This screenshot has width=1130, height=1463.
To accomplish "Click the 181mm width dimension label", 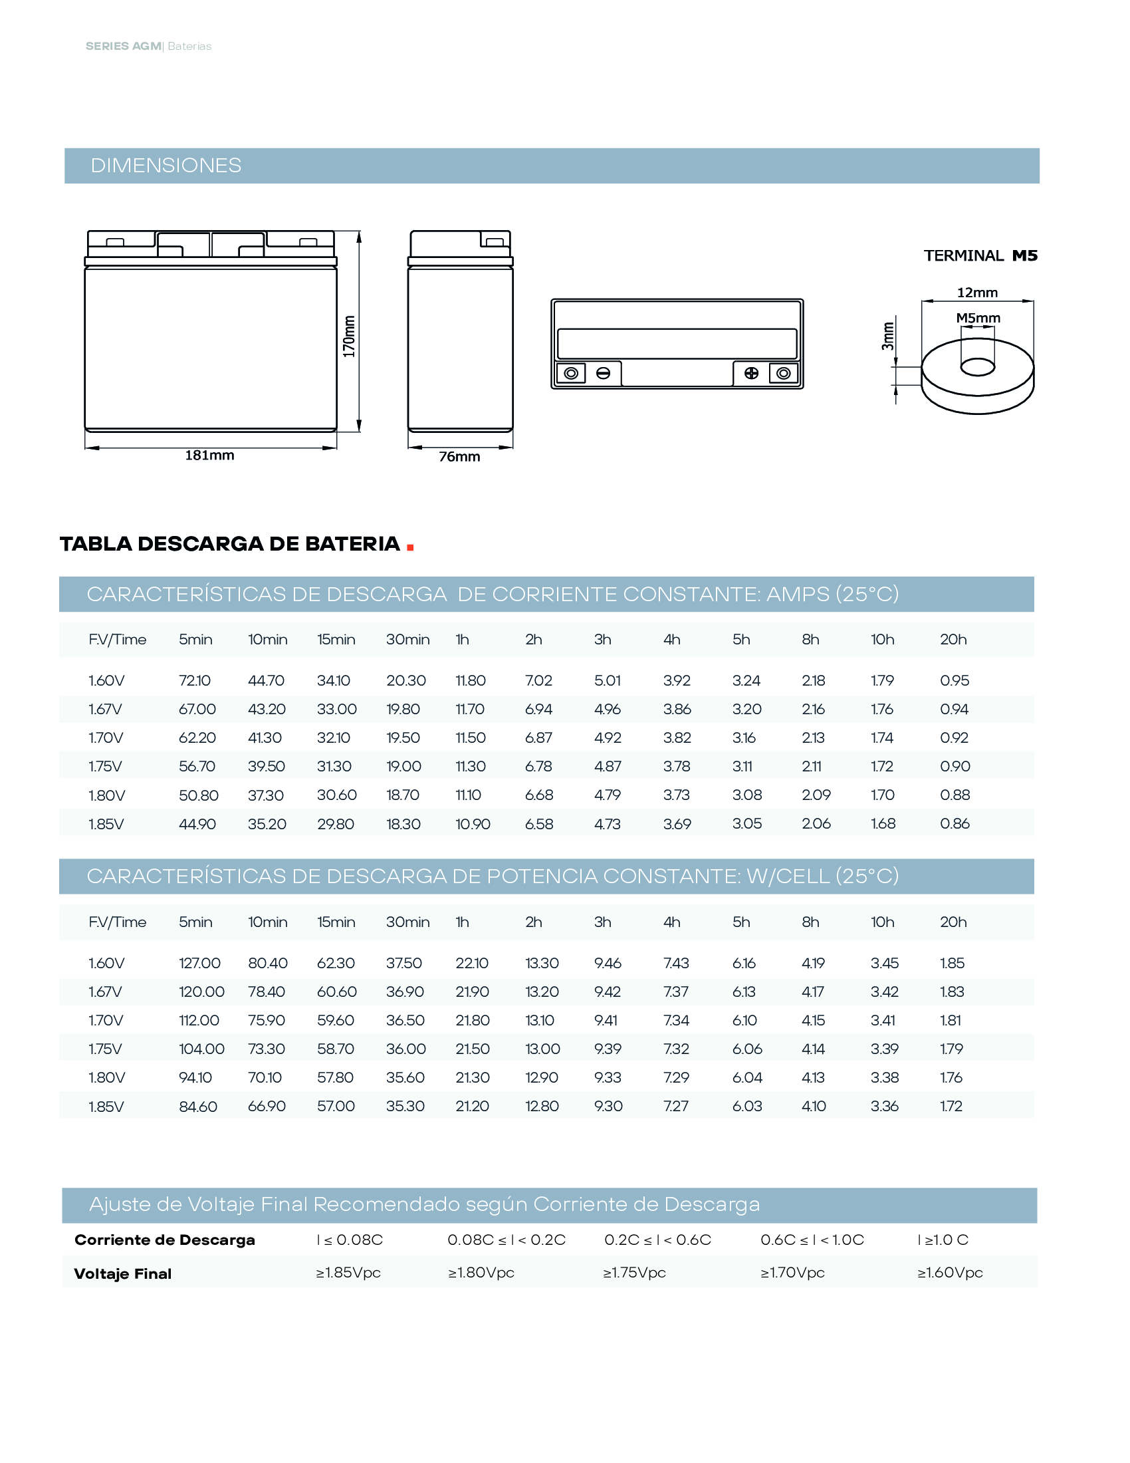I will point(209,456).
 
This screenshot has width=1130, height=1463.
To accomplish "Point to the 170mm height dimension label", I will point(349,336).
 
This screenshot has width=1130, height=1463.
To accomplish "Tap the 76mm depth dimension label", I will point(459,457).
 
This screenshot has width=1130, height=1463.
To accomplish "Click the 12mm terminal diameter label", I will point(976,293).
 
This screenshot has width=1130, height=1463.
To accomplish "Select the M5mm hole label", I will point(977,318).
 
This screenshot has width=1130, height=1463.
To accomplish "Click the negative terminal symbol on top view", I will point(603,373).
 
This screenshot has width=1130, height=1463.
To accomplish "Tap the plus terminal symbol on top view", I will point(751,373).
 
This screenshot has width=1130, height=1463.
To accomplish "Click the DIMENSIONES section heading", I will point(166,166).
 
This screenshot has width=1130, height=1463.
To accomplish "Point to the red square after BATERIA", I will point(409,547).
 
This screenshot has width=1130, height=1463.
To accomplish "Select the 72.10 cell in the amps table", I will point(195,680).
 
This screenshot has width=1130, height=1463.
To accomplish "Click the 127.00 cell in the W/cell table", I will point(199,964).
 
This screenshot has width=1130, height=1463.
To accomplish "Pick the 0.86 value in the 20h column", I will point(955,824).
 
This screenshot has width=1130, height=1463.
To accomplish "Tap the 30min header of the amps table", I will point(407,640).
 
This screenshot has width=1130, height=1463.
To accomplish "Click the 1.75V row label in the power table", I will point(106,1049).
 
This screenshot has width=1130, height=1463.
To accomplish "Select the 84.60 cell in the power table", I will point(198,1107).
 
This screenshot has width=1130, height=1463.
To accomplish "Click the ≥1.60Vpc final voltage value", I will point(950,1273).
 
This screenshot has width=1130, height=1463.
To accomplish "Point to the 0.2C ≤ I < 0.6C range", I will point(657,1240).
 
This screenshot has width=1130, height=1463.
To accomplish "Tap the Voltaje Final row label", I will point(122,1274).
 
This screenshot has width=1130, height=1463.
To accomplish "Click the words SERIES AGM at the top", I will point(123,47).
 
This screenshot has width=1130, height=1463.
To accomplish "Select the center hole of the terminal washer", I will point(977,367).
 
